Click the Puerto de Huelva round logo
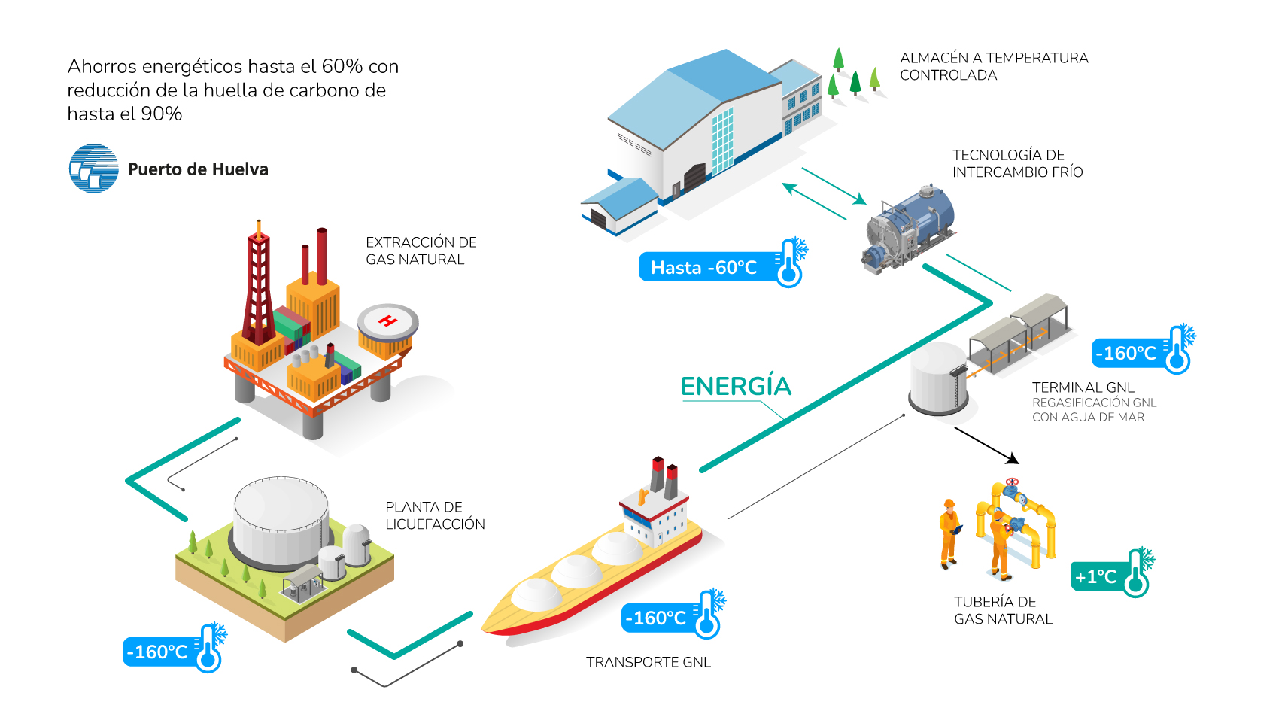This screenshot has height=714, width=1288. coord(94,169)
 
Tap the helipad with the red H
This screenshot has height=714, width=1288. coord(387,322)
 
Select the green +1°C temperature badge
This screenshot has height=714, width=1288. coord(1097,577)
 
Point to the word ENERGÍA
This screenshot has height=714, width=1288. coord(736,387)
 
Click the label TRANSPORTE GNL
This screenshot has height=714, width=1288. coord(649,662)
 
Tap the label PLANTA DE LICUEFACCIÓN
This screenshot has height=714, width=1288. coord(435,515)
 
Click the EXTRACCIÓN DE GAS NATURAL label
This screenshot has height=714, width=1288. coord(421,251)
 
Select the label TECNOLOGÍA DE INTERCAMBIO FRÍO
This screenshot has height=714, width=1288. coord(1017,163)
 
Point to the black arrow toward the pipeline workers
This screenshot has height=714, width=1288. coord(987,445)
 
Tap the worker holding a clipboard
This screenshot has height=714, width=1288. coord(949,533)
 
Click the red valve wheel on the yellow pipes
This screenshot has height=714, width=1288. coord(1012,482)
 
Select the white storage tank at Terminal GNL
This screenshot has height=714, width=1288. coord(937,378)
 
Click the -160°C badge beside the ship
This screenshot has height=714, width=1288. coord(655,618)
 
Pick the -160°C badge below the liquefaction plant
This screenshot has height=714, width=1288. coord(157,652)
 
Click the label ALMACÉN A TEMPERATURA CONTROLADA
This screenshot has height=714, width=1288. coord(993,66)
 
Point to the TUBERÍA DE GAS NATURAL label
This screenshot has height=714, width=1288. coord(1003,610)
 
